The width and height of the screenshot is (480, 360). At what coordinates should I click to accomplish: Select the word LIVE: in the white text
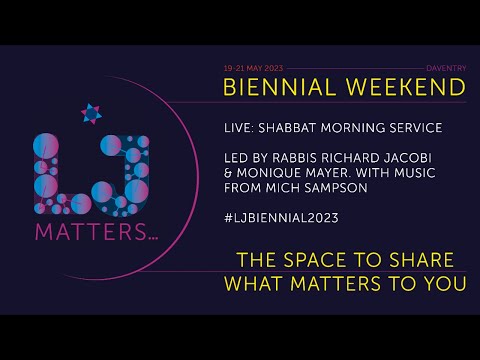coord(240,129)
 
